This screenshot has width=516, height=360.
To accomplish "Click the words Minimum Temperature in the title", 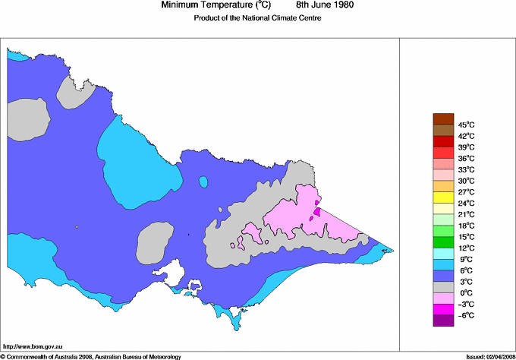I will coord(206,5).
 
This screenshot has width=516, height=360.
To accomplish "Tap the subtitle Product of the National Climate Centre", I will coord(257,19).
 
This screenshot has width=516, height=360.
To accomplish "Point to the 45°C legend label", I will coord(466,125).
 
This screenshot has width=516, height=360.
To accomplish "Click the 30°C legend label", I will coord(466,181).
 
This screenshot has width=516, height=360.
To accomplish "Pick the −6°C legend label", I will coord(465,315).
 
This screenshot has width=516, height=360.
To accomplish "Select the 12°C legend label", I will coord(466,248).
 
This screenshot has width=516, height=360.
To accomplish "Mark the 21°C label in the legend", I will coord(466,214).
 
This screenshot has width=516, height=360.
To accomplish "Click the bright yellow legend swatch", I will coord(443,197).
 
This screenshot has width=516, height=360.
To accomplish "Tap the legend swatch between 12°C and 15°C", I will coord(443,242).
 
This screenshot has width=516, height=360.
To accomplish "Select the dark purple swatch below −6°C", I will coord(443,321).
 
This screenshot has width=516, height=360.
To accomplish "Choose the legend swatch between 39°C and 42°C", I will coord(443,141).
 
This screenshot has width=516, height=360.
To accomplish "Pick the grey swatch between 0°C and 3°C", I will coord(443,287).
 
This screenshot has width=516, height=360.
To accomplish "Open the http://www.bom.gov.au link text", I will coord(33,346).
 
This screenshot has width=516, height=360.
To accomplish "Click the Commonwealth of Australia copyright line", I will coord(99,355).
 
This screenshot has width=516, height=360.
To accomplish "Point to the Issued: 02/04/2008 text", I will coord(486,355).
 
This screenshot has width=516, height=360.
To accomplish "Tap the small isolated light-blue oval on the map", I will coord(203,182).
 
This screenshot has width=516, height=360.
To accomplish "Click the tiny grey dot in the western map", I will coord(77,226).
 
